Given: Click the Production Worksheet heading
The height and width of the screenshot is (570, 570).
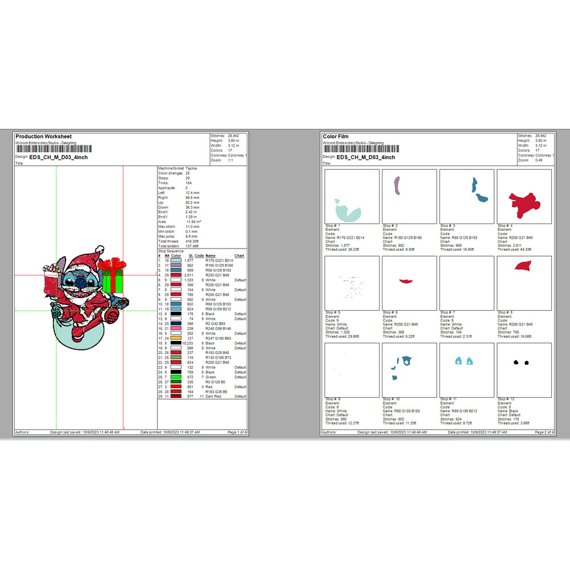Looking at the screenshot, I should [43, 137].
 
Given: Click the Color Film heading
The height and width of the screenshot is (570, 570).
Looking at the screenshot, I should [336, 137].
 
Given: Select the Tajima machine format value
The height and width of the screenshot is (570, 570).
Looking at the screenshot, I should [191, 168].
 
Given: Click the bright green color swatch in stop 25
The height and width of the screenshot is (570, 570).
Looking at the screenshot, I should [176, 377].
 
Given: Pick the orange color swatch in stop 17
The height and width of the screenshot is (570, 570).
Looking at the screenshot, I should [176, 339].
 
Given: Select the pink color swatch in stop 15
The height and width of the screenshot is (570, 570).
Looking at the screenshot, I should [176, 329].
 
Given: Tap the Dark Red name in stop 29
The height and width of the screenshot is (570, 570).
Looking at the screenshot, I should [213, 396].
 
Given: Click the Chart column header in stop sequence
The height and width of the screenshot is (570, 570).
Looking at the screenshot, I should [239, 256].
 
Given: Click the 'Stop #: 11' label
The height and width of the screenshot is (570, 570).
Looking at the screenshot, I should [449, 399].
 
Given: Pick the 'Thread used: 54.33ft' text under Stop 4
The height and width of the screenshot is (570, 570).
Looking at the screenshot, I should [513, 250].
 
